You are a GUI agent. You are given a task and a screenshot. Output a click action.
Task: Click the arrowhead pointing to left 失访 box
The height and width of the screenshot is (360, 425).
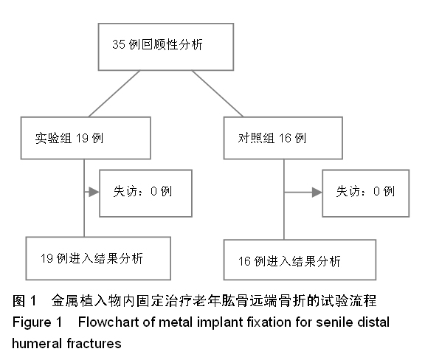click(94, 193)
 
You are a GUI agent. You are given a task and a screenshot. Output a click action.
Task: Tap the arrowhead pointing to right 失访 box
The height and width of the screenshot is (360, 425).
click(317, 193)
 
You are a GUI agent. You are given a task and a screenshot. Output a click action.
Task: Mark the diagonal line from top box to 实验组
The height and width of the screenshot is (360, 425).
click(114, 94)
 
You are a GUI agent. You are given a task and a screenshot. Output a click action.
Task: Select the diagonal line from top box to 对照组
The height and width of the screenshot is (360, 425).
click(218, 94)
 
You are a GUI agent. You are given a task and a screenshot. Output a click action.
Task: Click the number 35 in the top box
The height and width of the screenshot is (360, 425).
click(119, 44)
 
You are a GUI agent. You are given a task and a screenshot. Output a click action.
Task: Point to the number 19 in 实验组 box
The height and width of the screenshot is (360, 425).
click(82, 138)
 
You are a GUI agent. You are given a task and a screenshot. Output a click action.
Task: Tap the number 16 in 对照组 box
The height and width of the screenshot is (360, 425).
click(285, 138)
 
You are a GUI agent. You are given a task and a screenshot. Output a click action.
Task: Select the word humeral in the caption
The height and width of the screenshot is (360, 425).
click(38, 344)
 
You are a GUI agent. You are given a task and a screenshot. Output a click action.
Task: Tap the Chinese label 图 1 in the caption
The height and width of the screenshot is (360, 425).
click(24, 301)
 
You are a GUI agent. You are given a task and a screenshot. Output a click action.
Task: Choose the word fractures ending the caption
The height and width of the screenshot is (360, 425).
click(94, 344)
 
